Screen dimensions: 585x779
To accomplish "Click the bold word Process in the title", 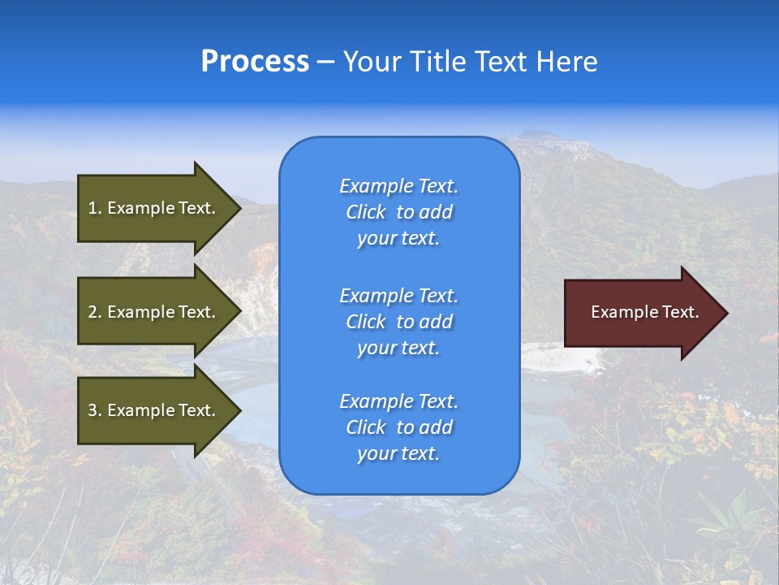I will (x=255, y=62).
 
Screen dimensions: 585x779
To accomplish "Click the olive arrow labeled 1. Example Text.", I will (x=154, y=208).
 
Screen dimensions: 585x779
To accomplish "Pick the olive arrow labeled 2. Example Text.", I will (x=154, y=312).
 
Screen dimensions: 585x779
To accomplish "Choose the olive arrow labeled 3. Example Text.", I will (x=154, y=410).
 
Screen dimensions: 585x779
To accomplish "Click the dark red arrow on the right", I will (x=641, y=313).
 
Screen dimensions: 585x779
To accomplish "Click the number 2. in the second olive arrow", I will (x=95, y=312).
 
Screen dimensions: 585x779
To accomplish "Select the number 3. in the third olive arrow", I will (x=95, y=410).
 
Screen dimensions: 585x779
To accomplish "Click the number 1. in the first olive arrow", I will (x=95, y=208).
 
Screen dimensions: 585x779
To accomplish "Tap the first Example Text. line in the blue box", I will (x=398, y=186).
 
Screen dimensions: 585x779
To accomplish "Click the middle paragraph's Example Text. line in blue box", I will (x=398, y=296).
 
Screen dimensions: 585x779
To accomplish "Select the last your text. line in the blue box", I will (x=398, y=454).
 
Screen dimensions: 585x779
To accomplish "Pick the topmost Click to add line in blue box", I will (x=398, y=212).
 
